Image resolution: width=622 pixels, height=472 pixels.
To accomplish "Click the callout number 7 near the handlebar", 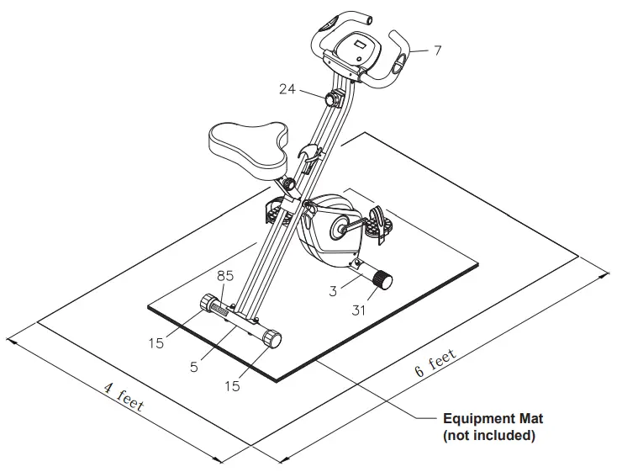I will (437, 50).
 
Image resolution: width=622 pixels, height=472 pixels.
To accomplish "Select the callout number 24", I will (288, 88).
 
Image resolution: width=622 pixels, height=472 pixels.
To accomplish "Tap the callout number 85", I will (225, 274).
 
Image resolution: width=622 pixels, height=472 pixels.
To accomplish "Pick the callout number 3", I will (334, 291).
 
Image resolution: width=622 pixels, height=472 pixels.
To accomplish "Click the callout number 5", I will (194, 367).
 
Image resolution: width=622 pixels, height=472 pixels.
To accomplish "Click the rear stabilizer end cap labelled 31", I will (384, 280).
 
